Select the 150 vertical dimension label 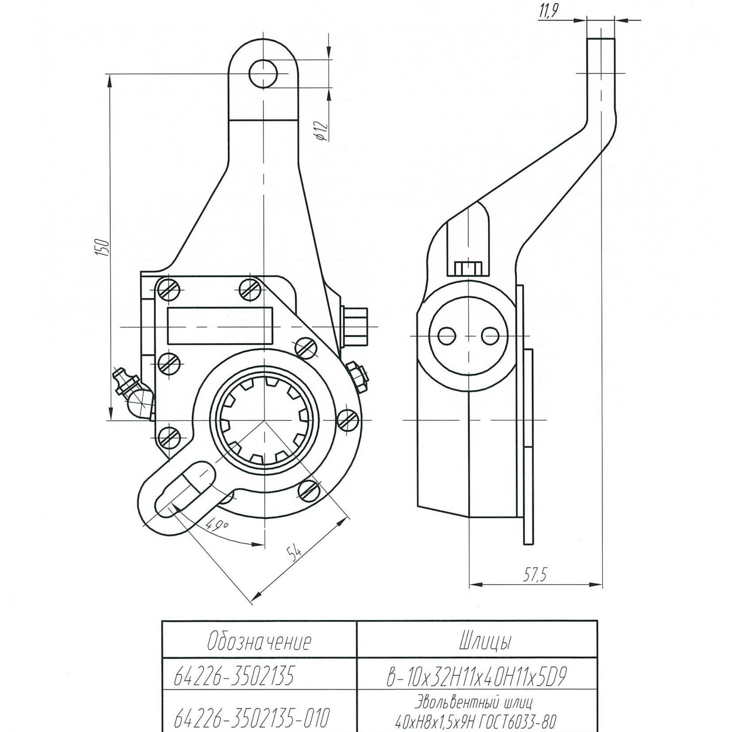[103, 247]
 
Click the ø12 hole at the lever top [263, 74]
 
